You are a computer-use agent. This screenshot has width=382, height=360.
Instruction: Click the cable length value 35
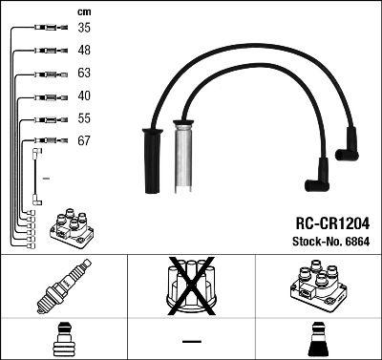pos(85,29)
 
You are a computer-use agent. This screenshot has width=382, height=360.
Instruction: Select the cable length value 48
pos(85,51)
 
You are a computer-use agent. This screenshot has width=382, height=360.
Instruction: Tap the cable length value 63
pos(85,73)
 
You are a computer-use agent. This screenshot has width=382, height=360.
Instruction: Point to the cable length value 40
pos(85,95)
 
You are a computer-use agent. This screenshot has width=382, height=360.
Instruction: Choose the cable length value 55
pos(85,118)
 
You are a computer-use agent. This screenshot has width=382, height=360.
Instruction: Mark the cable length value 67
pos(85,141)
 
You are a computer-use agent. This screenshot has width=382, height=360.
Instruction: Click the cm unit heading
pos(83,10)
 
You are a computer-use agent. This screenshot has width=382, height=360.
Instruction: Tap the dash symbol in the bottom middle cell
pos(191,340)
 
